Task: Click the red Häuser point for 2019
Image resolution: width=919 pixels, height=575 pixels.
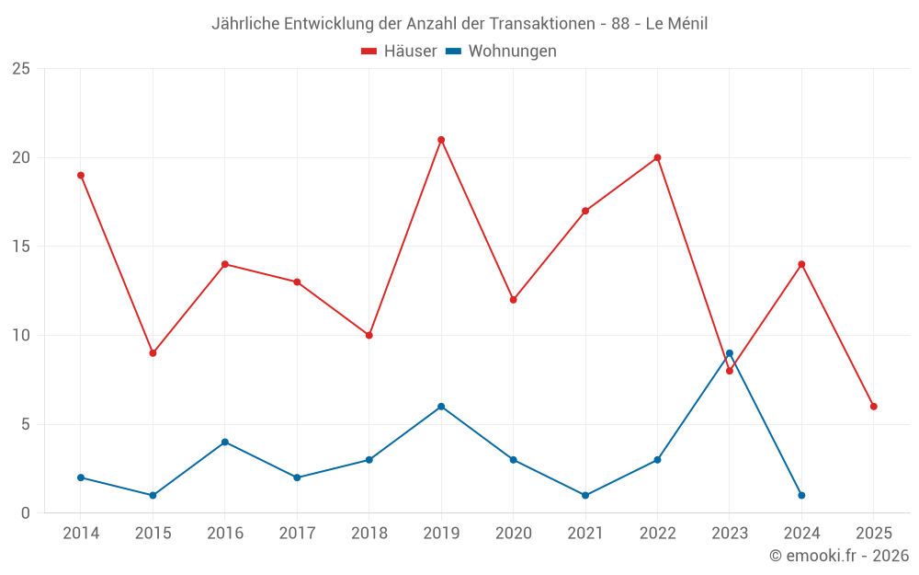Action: tap(441, 140)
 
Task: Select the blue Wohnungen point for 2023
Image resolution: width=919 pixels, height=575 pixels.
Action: tap(730, 353)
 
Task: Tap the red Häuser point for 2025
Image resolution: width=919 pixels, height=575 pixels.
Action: tap(874, 407)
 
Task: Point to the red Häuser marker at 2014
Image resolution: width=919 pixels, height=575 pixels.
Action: tap(81, 176)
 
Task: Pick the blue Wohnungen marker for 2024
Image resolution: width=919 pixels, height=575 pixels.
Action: tap(801, 496)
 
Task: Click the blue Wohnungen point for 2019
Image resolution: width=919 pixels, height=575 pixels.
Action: tap(441, 407)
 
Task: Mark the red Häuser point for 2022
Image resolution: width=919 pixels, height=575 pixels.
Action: tap(657, 157)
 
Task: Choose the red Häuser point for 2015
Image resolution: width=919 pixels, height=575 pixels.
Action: tap(153, 353)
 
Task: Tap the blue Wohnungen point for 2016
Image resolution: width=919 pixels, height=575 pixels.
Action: tap(225, 443)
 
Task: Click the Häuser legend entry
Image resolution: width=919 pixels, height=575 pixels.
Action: tap(399, 52)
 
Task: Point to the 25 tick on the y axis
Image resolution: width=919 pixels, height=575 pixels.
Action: tap(21, 69)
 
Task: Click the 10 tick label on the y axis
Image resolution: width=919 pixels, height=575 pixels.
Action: tap(21, 336)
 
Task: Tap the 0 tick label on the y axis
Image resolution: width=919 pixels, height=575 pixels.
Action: tap(26, 513)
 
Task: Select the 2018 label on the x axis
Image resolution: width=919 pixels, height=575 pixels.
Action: tap(369, 534)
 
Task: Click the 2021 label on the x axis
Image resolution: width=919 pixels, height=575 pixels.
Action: tap(585, 534)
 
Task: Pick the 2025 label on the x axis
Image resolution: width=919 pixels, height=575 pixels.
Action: tap(874, 534)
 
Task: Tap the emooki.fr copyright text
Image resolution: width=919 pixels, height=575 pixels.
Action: tap(838, 556)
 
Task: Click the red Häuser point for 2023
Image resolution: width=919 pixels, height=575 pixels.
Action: tap(730, 371)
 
